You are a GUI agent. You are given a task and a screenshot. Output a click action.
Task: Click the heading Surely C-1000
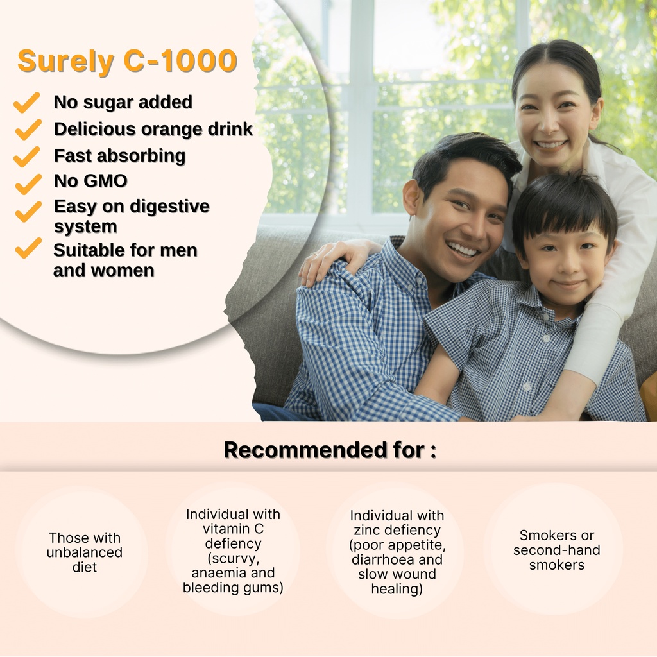(x=128, y=61)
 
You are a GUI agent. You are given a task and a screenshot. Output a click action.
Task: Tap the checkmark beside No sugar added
(x=27, y=103)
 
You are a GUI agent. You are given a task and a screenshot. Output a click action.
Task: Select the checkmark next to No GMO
(x=28, y=184)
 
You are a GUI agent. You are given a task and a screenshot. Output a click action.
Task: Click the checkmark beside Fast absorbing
(x=27, y=157)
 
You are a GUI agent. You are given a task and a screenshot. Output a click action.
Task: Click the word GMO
(x=107, y=181)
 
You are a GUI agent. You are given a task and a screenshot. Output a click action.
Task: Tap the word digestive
(x=169, y=207)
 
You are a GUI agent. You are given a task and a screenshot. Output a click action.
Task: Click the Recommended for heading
(x=330, y=450)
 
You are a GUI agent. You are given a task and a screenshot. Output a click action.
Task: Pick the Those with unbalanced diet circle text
(x=85, y=552)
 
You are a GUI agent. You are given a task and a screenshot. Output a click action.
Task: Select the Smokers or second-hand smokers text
(x=557, y=550)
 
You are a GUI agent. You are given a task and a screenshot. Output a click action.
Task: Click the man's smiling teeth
(x=463, y=250)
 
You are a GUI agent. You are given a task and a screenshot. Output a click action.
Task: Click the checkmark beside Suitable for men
(x=28, y=248)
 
